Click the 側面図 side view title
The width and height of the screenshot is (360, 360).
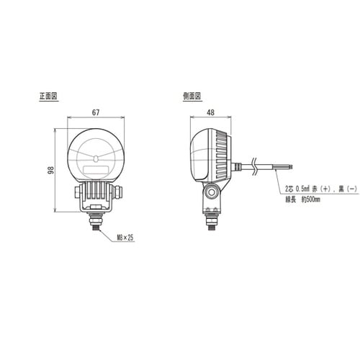click(192, 96)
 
